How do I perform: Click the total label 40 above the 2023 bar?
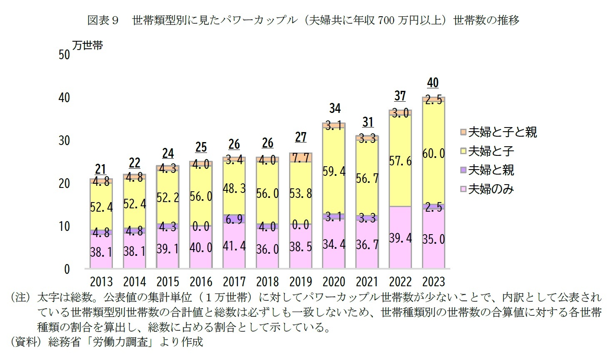click(433, 83)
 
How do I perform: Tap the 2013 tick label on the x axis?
click(101, 282)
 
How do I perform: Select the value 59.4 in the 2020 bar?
click(334, 171)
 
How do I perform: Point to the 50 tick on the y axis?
click(64, 55)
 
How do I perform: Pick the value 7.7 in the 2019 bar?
click(300, 158)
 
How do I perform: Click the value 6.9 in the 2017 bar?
click(234, 219)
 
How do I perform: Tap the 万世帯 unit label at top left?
click(87, 45)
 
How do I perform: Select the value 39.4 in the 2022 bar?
click(400, 238)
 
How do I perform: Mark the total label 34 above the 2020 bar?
click(334, 109)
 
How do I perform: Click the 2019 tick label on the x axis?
click(300, 282)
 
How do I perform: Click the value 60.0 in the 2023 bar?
click(433, 153)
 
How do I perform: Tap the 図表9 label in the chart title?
click(103, 20)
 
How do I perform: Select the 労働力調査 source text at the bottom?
click(121, 342)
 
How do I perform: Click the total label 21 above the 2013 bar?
click(100, 170)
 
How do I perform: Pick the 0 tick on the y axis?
click(67, 270)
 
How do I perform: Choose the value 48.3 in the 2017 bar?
click(234, 188)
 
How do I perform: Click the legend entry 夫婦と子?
click(491, 151)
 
